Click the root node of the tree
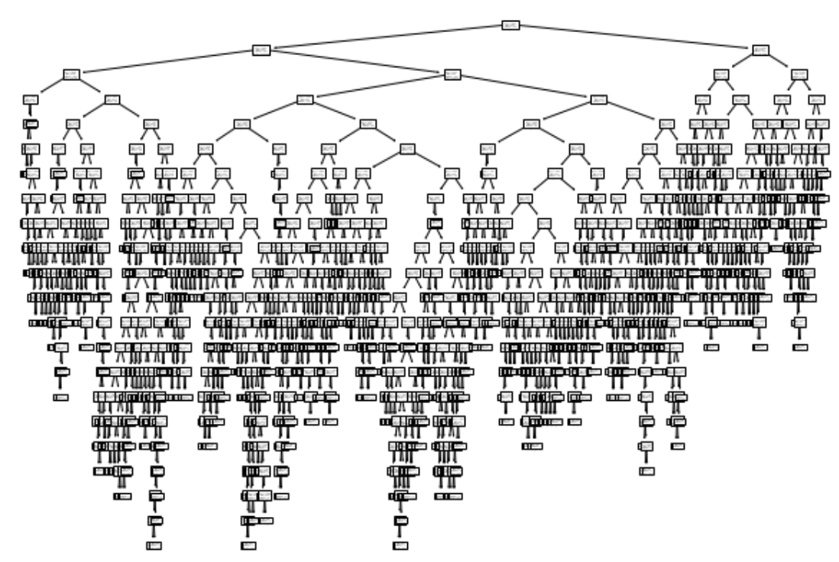pos(510,25)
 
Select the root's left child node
pos(261,50)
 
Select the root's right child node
pos(760,50)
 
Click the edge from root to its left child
pos(386,37)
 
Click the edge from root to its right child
pos(636,37)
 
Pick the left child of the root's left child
pos(71,74)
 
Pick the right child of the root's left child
pos(452,74)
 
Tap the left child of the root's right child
pos(721,74)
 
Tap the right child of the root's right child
pos(799,74)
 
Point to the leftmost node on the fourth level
pos(31,99)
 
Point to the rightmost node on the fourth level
pos(817,99)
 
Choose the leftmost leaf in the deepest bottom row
pos(154,545)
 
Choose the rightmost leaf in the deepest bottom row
pos(400,545)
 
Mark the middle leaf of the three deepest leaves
pos(248,545)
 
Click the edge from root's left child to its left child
pos(166,62)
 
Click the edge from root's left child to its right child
pos(356,62)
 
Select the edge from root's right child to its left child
pos(740,62)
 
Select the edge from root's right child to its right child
pos(780,62)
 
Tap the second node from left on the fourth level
pos(112,99)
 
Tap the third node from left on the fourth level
pos(304,99)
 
